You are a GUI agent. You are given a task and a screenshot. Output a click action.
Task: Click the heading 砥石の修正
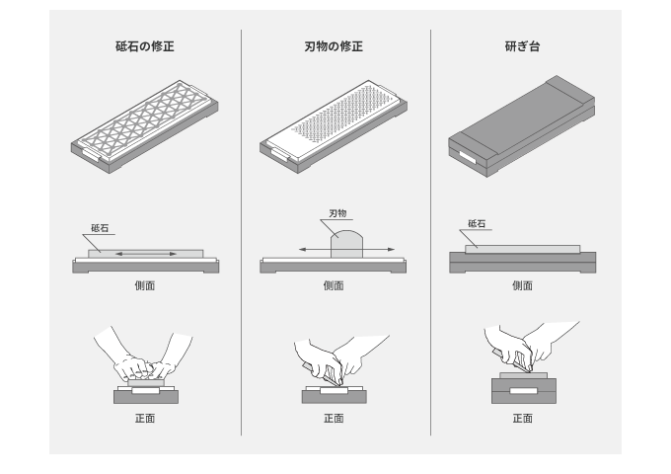point(145,46)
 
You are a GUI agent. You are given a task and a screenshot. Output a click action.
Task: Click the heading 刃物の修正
point(334,46)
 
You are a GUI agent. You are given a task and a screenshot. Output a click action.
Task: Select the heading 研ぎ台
point(523,46)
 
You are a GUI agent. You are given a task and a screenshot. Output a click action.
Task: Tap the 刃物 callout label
point(337,213)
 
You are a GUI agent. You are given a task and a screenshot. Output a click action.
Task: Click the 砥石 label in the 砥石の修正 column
point(100,228)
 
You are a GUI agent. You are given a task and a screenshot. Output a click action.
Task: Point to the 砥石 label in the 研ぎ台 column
point(477,223)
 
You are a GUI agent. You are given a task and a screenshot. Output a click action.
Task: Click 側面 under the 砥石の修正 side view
point(145,285)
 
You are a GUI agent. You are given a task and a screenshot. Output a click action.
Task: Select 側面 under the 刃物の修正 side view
point(334,285)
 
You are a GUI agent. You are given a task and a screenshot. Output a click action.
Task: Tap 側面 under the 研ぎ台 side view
point(523,285)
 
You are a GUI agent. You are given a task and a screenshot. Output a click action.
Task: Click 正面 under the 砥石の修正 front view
point(145,419)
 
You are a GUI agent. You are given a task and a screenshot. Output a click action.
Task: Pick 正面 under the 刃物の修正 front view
point(334,419)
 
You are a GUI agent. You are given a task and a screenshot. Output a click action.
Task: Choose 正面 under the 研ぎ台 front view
point(523,419)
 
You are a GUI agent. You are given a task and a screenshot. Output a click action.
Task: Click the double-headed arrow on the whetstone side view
point(146,254)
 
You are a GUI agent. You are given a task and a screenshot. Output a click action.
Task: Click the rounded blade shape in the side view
point(346,244)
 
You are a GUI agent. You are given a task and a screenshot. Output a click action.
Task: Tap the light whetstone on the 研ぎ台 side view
point(523,249)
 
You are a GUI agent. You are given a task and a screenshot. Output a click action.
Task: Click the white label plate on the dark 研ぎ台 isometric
point(468,157)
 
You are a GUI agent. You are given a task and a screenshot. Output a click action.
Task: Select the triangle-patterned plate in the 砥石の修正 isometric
point(145,121)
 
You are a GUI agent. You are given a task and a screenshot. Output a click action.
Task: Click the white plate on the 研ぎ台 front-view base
point(523,390)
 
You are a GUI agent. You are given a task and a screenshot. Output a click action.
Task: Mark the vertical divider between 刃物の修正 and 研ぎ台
point(430,232)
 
